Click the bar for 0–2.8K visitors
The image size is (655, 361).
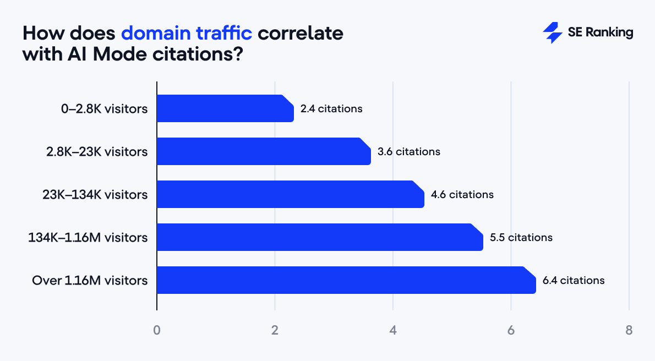pyautogui.click(x=225, y=108)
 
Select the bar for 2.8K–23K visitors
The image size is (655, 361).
pyautogui.click(x=264, y=151)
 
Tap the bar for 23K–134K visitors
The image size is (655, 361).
pyautogui.click(x=290, y=194)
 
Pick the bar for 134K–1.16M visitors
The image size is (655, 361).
pyautogui.click(x=320, y=237)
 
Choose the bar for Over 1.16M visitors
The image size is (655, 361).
pyautogui.click(x=346, y=280)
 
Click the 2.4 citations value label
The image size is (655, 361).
pyautogui.click(x=331, y=109)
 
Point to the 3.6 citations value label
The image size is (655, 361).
pyautogui.click(x=409, y=152)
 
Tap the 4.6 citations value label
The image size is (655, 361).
pyautogui.click(x=462, y=195)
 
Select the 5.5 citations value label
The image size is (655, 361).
pyautogui.click(x=521, y=238)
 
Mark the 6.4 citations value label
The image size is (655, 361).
pyautogui.click(x=574, y=281)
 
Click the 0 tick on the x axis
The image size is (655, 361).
pyautogui.click(x=157, y=331)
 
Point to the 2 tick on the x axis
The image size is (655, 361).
pyautogui.click(x=275, y=331)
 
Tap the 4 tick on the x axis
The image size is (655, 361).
pyautogui.click(x=393, y=331)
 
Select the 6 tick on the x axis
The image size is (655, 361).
pyautogui.click(x=511, y=331)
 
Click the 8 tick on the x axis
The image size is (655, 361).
pyautogui.click(x=629, y=331)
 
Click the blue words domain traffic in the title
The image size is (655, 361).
pyautogui.click(x=187, y=33)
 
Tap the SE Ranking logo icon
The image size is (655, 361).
pyautogui.click(x=552, y=33)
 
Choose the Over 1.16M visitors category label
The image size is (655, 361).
pyautogui.click(x=90, y=281)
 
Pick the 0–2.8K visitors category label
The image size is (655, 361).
pyautogui.click(x=104, y=109)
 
